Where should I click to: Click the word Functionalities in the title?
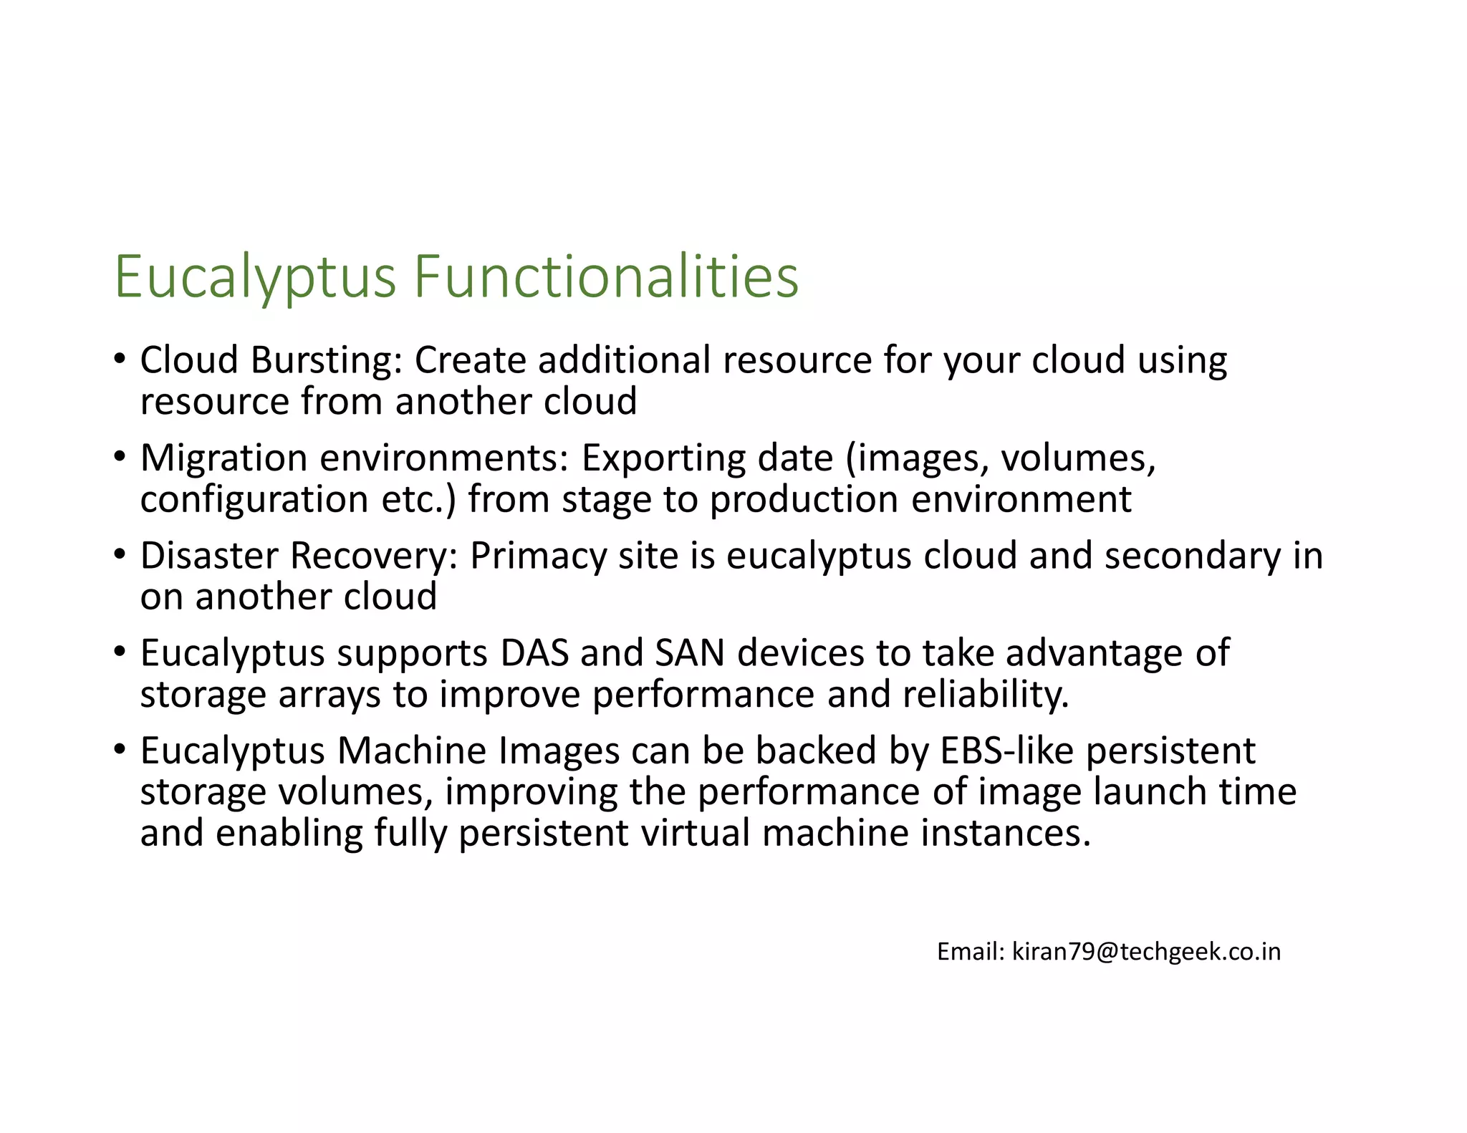(606, 276)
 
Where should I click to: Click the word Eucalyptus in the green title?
(255, 276)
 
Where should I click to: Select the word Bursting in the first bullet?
(326, 360)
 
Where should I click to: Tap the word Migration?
(223, 458)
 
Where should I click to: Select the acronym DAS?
(534, 653)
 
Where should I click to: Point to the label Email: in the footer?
(971, 952)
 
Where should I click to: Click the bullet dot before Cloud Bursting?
(120, 358)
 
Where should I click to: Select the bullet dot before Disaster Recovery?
(120, 554)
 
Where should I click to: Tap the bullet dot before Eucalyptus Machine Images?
(120, 749)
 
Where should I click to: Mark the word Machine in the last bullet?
(412, 751)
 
